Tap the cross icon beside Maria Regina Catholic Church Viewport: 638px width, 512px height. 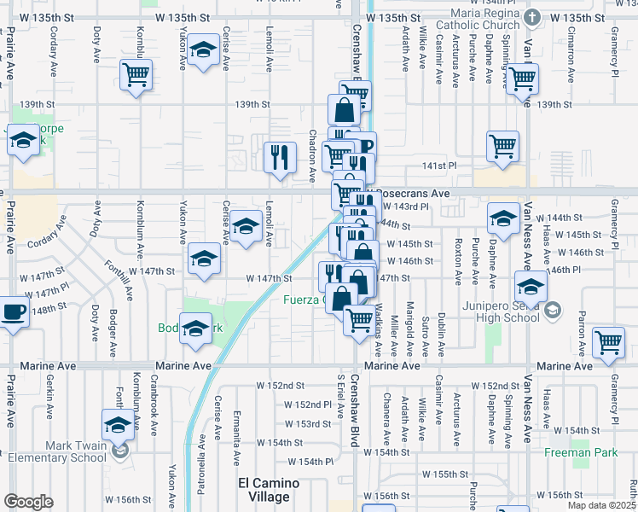click(532, 17)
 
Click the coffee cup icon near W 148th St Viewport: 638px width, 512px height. click(13, 311)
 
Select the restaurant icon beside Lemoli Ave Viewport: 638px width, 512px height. click(280, 156)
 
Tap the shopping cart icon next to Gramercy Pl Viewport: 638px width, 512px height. click(609, 341)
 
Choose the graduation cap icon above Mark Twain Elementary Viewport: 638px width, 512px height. click(119, 424)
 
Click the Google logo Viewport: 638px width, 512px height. click(28, 502)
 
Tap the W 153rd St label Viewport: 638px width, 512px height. click(307, 424)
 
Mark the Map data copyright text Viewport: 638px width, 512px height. click(601, 505)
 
